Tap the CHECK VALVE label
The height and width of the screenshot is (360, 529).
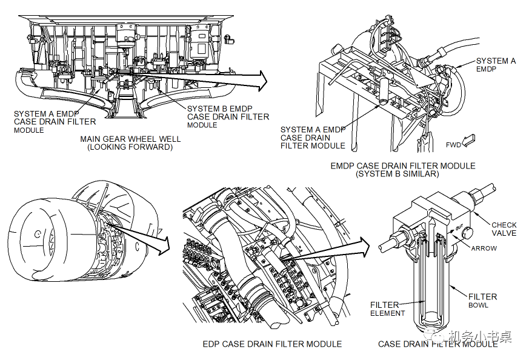[504, 229]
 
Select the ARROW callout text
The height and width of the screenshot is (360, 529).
[484, 248]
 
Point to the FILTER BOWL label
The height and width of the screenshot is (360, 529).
[483, 301]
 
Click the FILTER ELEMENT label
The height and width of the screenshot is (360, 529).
[385, 309]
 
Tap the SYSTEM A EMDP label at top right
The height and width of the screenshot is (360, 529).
[496, 65]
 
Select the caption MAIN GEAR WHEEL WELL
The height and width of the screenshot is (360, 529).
[130, 139]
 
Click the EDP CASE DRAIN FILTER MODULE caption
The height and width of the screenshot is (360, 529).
[272, 344]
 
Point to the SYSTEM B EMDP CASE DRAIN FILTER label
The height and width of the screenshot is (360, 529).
[228, 112]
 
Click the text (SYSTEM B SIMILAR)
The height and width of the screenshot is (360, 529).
[403, 174]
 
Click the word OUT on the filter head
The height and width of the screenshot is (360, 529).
[458, 231]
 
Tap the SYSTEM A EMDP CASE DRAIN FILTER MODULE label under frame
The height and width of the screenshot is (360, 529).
[313, 138]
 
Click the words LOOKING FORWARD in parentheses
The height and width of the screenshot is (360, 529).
[130, 147]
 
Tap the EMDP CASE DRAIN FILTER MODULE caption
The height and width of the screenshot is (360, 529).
[403, 165]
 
